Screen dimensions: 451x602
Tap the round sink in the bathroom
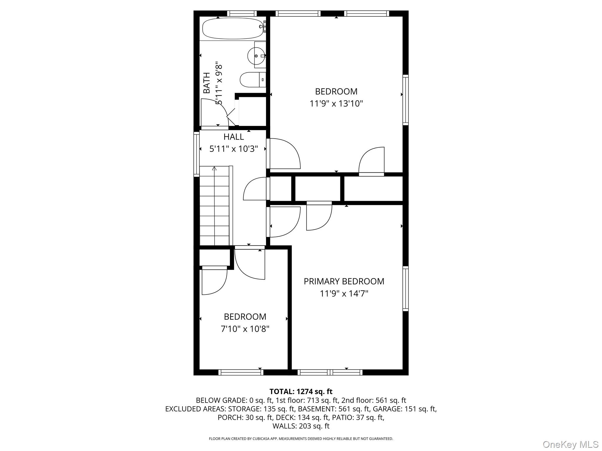point(256,55)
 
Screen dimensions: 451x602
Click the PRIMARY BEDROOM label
point(344,281)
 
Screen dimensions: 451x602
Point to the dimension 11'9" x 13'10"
point(336,104)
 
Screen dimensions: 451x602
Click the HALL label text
point(233,137)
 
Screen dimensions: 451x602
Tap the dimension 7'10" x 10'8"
point(245,329)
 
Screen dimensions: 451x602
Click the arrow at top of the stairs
point(214,169)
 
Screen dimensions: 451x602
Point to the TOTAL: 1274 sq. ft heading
point(301,391)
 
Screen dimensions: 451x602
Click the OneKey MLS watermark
point(570,444)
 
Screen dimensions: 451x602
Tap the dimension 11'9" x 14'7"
point(344,294)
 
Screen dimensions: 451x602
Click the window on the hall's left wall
point(196,154)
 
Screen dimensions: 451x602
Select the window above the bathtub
point(242,13)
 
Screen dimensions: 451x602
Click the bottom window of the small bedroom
point(241,372)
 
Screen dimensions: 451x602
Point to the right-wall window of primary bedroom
point(405,289)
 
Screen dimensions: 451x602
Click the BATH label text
point(207,83)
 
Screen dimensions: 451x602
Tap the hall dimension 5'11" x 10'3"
point(233,149)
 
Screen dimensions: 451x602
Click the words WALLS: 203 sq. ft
point(301,426)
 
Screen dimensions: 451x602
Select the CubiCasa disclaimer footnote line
point(301,439)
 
